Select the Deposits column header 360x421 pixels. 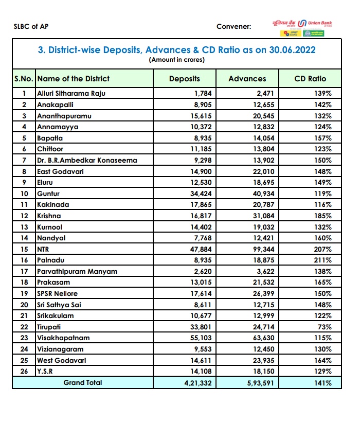(x=184, y=79)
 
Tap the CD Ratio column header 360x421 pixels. (x=310, y=79)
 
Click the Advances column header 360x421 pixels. (x=247, y=79)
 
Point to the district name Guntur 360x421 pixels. (x=48, y=194)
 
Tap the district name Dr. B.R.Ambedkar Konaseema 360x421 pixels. (x=87, y=160)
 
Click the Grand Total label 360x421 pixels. (x=83, y=382)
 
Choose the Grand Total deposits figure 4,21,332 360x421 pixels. (x=196, y=383)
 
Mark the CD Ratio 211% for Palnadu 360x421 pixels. (x=322, y=260)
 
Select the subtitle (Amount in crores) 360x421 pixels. (x=177, y=60)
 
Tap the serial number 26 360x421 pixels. (x=24, y=372)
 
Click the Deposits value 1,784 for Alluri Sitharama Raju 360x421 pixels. (x=203, y=94)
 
